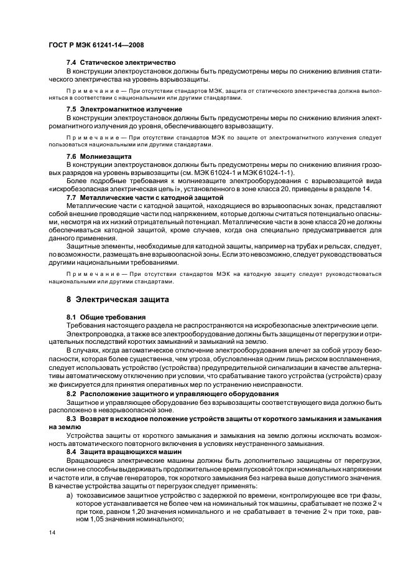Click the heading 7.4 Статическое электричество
(121, 63)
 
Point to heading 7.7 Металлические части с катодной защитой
(144, 197)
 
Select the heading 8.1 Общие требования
(106, 317)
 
